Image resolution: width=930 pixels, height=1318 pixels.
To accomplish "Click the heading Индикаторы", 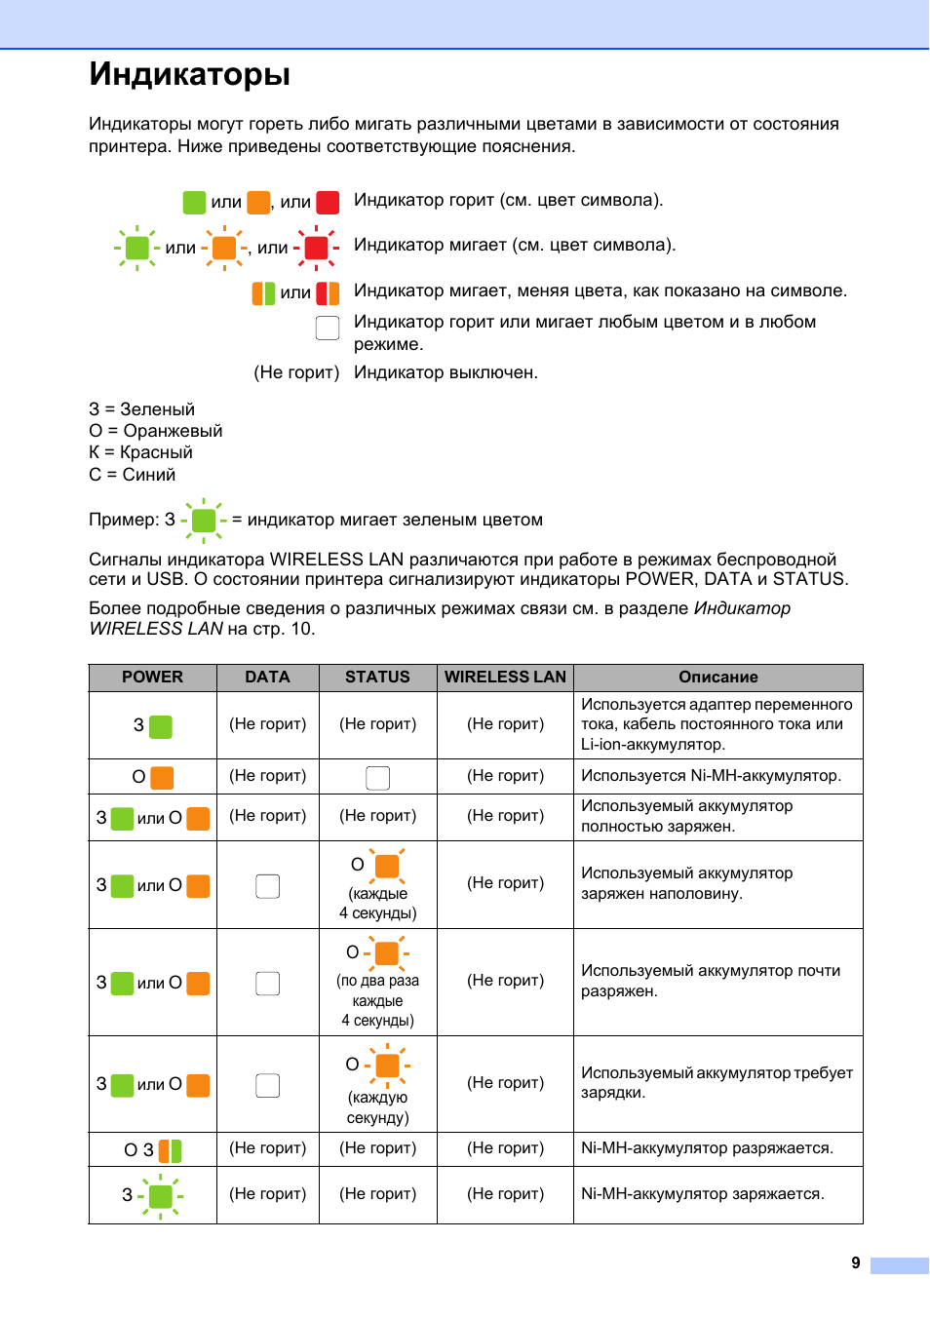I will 190,75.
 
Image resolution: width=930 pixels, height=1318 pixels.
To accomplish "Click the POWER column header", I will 152,677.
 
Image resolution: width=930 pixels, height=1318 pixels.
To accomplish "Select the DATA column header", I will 267,677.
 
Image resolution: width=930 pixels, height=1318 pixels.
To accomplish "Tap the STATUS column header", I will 377,677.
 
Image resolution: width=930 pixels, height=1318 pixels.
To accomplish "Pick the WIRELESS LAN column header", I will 505,677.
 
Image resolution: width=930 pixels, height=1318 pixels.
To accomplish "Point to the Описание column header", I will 718,677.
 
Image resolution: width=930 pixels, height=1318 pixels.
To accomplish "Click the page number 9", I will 856,1262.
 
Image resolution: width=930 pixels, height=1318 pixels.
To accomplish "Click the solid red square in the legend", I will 328,202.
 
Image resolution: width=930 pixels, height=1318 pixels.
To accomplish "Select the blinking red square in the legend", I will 317,248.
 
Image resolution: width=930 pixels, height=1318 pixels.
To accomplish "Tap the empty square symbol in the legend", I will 328,328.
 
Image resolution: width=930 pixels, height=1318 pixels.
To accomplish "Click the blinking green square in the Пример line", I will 204,521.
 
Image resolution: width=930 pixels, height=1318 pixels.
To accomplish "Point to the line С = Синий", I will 133,475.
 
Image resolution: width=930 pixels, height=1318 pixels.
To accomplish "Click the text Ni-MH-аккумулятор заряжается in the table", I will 702,1194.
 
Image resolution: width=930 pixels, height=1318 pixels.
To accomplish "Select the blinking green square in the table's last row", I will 161,1195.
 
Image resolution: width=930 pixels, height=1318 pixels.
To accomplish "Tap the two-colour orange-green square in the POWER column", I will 170,1150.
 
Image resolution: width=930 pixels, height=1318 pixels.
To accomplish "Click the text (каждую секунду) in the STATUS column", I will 377,1107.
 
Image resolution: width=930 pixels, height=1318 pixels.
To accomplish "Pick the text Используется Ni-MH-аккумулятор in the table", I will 711,776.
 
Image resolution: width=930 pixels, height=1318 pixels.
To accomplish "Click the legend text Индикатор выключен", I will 446,372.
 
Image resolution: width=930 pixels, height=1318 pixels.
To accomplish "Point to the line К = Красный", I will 140,452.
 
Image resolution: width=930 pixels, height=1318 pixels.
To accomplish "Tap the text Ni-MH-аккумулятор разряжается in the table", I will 707,1148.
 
